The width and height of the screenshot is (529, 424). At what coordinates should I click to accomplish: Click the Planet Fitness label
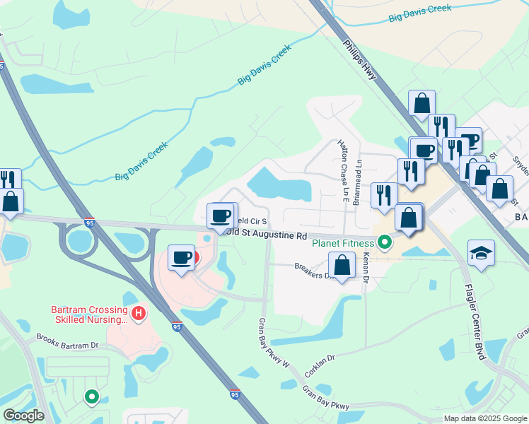click(343, 244)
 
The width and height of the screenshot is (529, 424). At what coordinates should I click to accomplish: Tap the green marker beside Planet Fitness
click(385, 244)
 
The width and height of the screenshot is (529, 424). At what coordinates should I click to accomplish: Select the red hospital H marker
click(139, 312)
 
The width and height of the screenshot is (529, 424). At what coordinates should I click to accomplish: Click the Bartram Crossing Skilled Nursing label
click(91, 315)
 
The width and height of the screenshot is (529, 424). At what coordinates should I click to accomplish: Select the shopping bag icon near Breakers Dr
click(342, 266)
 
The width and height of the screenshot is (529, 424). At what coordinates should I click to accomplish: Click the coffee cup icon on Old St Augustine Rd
click(221, 216)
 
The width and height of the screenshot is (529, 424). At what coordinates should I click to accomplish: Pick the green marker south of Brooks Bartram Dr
click(91, 398)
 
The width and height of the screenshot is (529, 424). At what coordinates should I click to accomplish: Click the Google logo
click(23, 416)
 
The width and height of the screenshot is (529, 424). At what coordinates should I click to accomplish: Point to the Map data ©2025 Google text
click(484, 418)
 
